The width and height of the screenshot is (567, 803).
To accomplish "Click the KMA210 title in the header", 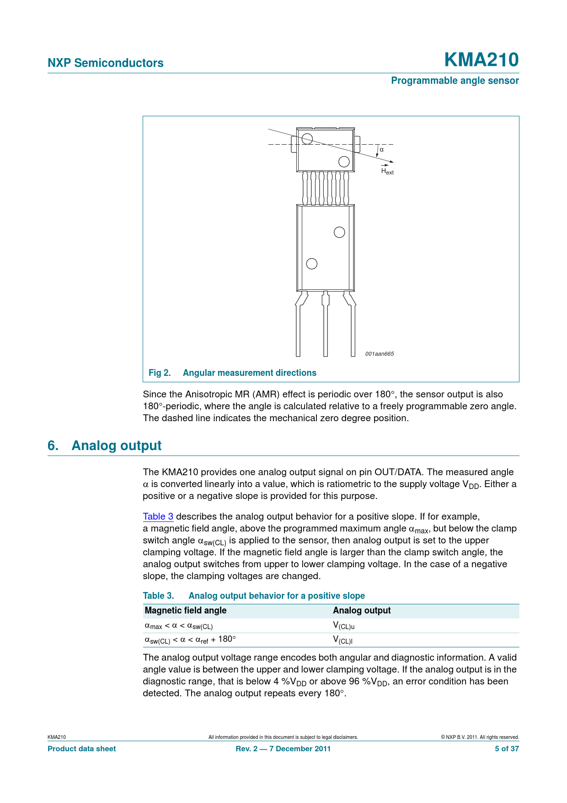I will [481, 60].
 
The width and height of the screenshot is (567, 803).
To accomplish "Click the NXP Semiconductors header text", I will [106, 63].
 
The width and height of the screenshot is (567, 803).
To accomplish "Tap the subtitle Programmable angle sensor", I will [455, 81].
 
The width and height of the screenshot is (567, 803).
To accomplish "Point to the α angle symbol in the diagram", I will [382, 150].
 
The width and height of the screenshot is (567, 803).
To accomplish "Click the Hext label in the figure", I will [387, 171].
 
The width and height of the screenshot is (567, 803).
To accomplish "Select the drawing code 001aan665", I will [380, 354].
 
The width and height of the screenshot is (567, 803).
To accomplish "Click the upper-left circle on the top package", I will [307, 138].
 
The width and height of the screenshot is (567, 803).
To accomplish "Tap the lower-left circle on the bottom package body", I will [312, 264].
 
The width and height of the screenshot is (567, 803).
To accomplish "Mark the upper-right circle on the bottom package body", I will [339, 232].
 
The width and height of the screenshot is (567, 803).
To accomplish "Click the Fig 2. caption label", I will [160, 373].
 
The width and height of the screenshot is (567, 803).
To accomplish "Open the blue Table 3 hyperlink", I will [158, 516].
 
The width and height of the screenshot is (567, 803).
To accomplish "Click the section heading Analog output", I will [116, 445].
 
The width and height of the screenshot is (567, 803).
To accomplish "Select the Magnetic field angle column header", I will [186, 610].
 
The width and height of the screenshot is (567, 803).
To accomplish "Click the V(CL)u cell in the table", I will [344, 625].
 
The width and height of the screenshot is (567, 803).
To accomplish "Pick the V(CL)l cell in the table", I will [342, 640].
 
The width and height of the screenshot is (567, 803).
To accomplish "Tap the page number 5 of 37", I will [507, 749].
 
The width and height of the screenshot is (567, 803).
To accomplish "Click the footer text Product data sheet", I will [82, 749].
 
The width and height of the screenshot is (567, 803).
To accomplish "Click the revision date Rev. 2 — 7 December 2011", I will [283, 749].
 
